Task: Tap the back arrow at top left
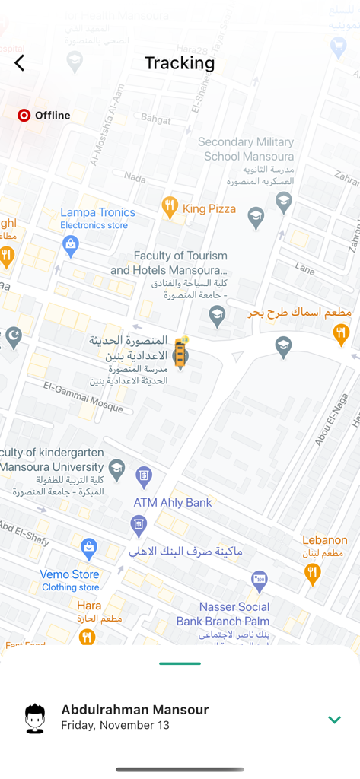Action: coord(20,63)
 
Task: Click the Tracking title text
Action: coord(180,63)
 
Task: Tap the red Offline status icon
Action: coord(24,116)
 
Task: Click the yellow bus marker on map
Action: coord(180,354)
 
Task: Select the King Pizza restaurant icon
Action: coord(170,206)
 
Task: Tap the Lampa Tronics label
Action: coord(97,213)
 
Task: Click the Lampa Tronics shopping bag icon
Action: coord(71,246)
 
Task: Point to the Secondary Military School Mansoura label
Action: coord(246,149)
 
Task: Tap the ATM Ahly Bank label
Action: coord(173,503)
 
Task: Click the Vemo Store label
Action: coord(70,574)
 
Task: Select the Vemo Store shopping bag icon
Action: coord(89,548)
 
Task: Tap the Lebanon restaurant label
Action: coord(324,540)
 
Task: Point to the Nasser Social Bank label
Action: coord(234,614)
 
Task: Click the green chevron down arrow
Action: coord(334,720)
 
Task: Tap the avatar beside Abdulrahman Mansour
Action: coord(35,718)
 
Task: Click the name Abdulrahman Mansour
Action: coord(135,710)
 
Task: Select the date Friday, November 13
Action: coord(115,726)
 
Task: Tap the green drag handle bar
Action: coord(180,663)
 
